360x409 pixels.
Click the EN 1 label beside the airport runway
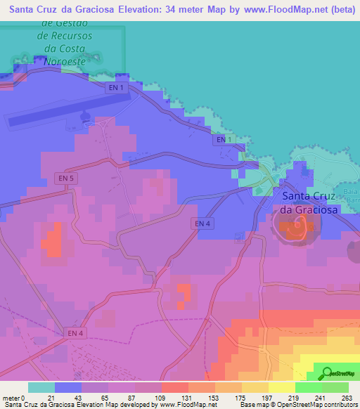(x=117, y=88)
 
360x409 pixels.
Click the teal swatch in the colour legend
(x=41, y=387)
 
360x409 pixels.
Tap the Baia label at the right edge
(x=352, y=190)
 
